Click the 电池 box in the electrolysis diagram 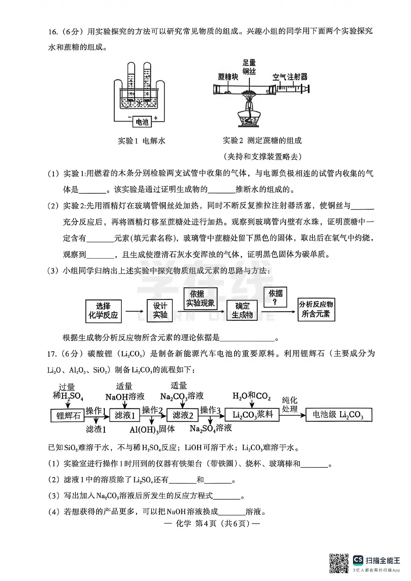tap(142, 122)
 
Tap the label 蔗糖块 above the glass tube tap(228, 77)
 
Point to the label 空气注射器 tap(290, 77)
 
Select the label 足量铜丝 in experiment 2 tap(249, 67)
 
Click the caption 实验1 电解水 tap(141, 141)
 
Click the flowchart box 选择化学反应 tap(103, 311)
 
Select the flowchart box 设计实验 tap(160, 310)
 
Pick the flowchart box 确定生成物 tap(242, 310)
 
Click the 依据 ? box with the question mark tap(275, 297)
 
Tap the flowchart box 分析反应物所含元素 tap(316, 309)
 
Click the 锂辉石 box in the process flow tap(68, 415)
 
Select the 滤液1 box tap(125, 415)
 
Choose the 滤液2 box tap(183, 415)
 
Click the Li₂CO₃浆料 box tap(253, 415)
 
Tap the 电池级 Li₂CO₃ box tap(338, 415)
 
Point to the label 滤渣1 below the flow tap(96, 430)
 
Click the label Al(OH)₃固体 tap(152, 430)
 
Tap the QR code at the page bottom tap(338, 563)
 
